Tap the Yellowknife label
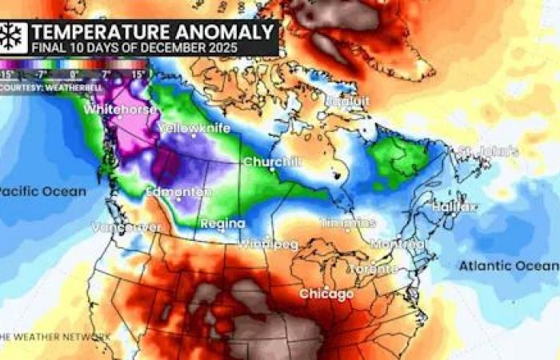tap(192, 128)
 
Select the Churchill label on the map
tap(272, 162)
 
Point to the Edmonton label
tap(179, 192)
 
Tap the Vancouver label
tap(126, 227)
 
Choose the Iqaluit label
tap(347, 101)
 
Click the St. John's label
tap(488, 151)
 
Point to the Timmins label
tap(348, 222)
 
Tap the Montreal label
tap(397, 243)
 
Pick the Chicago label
tap(326, 294)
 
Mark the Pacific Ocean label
tap(42, 191)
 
